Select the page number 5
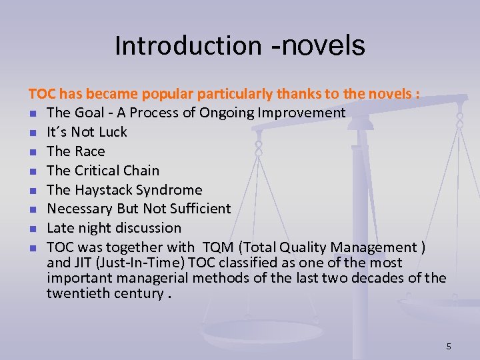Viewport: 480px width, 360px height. click(449, 346)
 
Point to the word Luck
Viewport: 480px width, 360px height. click(111, 132)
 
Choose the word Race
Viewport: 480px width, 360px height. click(89, 151)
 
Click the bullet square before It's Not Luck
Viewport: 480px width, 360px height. click(32, 133)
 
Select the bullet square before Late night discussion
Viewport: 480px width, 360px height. click(32, 229)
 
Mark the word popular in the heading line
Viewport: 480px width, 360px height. click(154, 94)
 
